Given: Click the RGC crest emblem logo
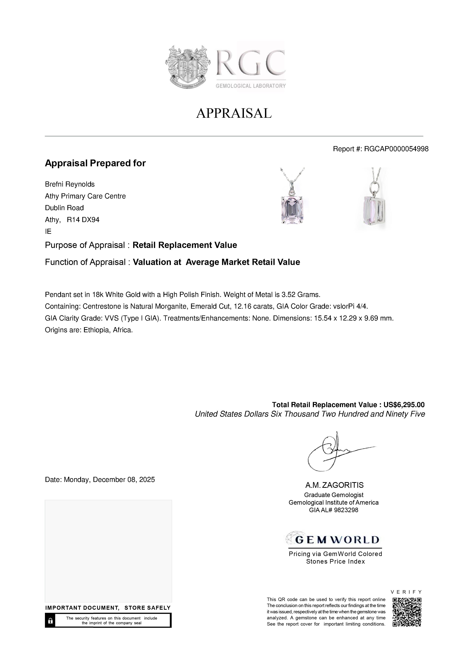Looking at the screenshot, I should coord(188,67).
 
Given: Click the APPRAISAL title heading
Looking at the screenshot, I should coord(234,113).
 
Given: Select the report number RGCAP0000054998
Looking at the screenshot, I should coord(396,149).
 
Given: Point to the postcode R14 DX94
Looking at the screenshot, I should coord(83,220).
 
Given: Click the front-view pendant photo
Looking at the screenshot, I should coord(292,199).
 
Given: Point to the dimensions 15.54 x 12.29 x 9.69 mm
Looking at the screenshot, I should coord(353,318).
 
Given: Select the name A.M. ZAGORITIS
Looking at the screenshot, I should coord(335,485).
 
